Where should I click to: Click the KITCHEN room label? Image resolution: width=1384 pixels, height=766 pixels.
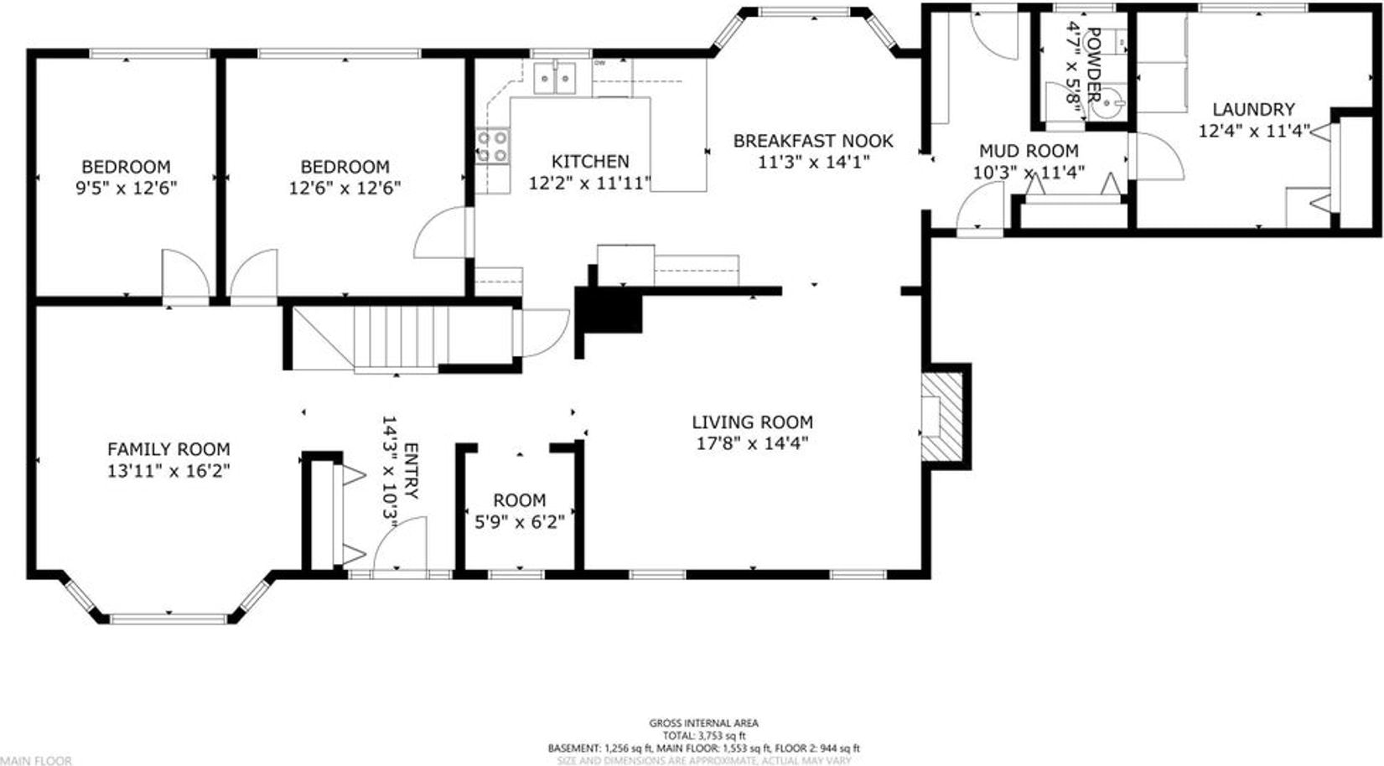[x=590, y=161]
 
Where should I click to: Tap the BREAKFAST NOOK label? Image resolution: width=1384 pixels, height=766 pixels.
[x=813, y=141]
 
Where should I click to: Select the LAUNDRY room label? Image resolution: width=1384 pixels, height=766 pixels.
[x=1253, y=109]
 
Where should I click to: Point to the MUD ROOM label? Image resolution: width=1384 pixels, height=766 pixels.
[x=1029, y=151]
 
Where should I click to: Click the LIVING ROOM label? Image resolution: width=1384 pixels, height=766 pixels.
[x=752, y=422]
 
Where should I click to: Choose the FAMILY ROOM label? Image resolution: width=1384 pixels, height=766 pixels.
[x=168, y=449]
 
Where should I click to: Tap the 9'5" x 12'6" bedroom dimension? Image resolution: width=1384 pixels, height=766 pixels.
[x=126, y=188]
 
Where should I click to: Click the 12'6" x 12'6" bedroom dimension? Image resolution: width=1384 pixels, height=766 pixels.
[x=345, y=188]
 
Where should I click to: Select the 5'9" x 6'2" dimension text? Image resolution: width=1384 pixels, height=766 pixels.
[x=520, y=523]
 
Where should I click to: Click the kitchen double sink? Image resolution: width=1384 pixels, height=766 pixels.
[x=554, y=78]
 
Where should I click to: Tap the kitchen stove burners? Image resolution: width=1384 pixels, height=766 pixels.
[x=492, y=146]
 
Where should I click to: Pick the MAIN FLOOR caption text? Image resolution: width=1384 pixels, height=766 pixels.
[x=36, y=761]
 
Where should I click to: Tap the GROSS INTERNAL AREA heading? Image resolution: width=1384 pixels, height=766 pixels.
[x=704, y=723]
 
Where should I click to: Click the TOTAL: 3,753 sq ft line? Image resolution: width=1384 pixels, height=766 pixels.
[x=704, y=736]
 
